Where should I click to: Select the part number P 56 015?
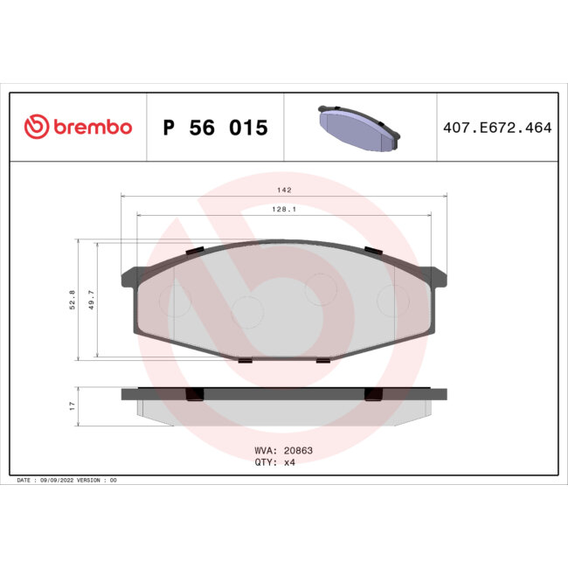pyautogui.click(x=215, y=128)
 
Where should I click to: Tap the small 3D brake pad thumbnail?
pyautogui.click(x=358, y=127)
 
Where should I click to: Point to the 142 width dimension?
pyautogui.click(x=283, y=190)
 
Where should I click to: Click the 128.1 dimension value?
pyautogui.click(x=283, y=210)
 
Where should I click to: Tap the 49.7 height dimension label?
pyautogui.click(x=90, y=300)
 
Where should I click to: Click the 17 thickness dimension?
pyautogui.click(x=73, y=405)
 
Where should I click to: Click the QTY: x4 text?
pyautogui.click(x=276, y=463)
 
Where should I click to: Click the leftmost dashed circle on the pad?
pyautogui.click(x=175, y=301)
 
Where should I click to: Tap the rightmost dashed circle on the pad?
pyautogui.click(x=392, y=301)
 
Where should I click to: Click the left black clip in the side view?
pyautogui.click(x=195, y=393)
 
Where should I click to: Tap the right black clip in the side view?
pyautogui.click(x=373, y=393)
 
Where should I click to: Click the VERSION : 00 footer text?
pyautogui.click(x=97, y=481)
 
